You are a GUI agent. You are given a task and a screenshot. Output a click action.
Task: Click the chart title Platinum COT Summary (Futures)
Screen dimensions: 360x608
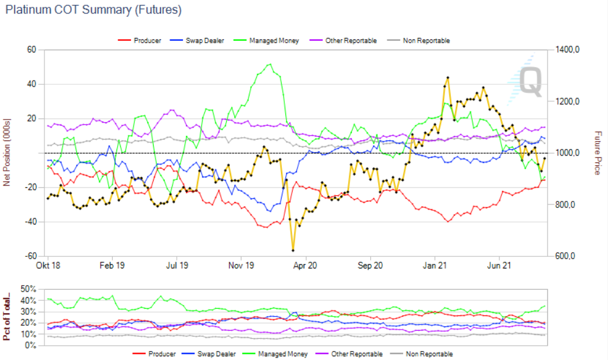[93, 10]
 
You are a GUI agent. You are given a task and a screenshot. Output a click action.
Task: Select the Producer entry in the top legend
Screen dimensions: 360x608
[148, 41]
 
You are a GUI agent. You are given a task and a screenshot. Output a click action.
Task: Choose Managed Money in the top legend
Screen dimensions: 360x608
[277, 41]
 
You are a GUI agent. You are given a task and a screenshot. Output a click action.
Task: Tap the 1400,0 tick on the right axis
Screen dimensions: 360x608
[566, 50]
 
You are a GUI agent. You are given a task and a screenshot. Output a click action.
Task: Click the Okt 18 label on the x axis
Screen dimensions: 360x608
[48, 266]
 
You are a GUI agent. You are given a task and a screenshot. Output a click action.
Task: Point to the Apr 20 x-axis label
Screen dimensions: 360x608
[305, 266]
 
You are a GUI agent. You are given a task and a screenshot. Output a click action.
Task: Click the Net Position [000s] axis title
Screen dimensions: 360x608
[7, 153]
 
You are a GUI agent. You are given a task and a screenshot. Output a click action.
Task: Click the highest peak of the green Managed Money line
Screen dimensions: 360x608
[270, 64]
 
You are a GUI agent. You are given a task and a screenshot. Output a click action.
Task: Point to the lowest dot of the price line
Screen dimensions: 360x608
[293, 251]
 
